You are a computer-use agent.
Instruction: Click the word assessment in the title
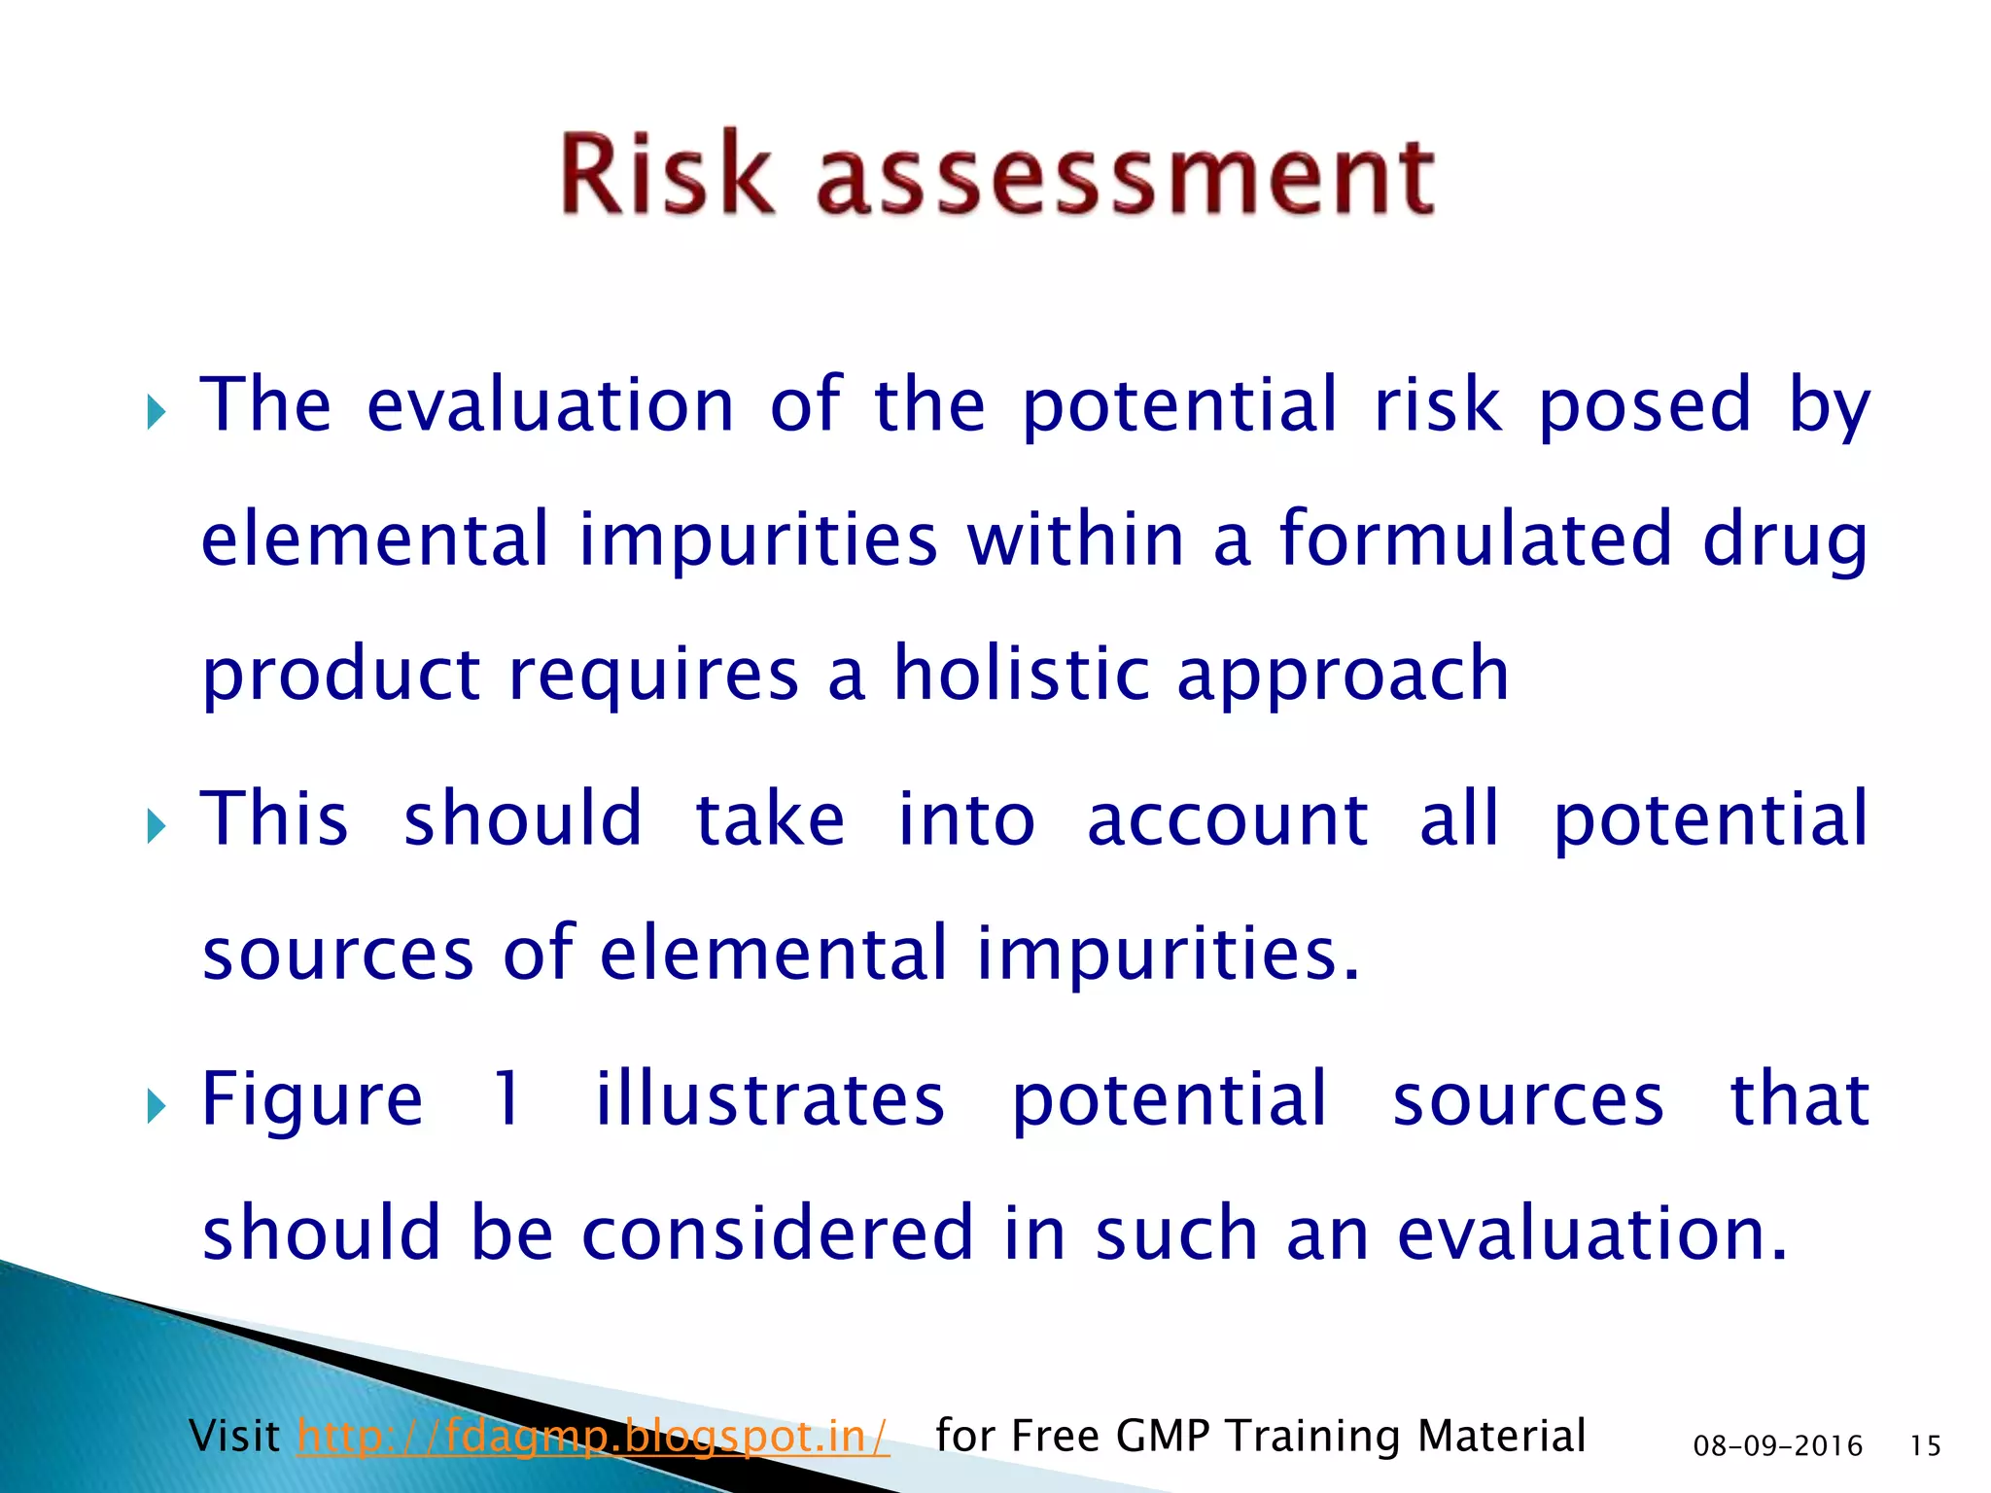pyautogui.click(x=1125, y=177)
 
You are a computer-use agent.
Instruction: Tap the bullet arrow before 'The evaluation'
pyautogui.click(x=156, y=412)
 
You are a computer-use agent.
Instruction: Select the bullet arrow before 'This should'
pyautogui.click(x=156, y=827)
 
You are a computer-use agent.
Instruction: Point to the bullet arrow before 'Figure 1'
pyautogui.click(x=156, y=1106)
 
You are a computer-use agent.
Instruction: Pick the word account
pyautogui.click(x=1227, y=819)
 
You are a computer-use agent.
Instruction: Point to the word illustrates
pyautogui.click(x=769, y=1098)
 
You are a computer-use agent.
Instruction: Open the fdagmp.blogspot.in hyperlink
pyautogui.click(x=593, y=1436)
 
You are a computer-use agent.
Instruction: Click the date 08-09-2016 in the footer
pyautogui.click(x=1777, y=1446)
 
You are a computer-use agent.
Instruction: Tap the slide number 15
pyautogui.click(x=1925, y=1446)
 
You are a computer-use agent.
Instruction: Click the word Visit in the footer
pyautogui.click(x=234, y=1436)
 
